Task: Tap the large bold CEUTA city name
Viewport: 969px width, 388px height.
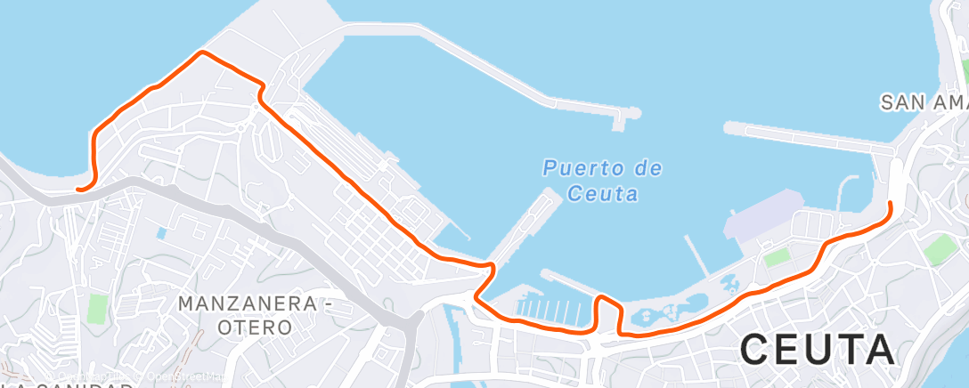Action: pyautogui.click(x=817, y=348)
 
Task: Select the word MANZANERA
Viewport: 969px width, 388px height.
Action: pyautogui.click(x=247, y=303)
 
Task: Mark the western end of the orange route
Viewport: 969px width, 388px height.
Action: pyautogui.click(x=79, y=189)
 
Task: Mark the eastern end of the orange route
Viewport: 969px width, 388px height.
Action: pyautogui.click(x=889, y=204)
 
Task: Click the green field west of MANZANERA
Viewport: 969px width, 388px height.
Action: pyautogui.click(x=96, y=309)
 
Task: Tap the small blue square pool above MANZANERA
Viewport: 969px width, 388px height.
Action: pyautogui.click(x=160, y=233)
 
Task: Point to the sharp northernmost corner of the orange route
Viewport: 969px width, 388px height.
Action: pyautogui.click(x=203, y=53)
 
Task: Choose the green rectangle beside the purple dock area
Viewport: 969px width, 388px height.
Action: pyautogui.click(x=778, y=258)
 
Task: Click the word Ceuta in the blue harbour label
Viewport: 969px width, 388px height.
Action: pyautogui.click(x=602, y=192)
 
